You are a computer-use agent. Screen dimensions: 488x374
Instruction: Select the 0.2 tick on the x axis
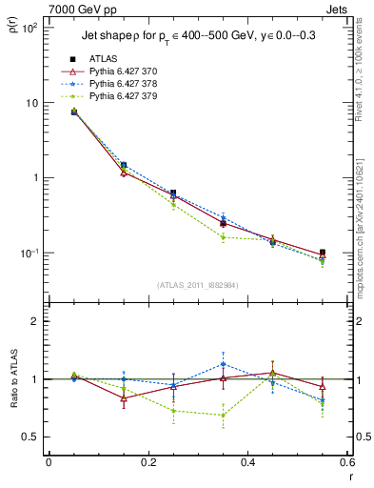148,464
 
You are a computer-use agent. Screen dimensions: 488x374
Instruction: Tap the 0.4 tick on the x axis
247,464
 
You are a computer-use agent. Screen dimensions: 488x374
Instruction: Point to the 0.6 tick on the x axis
346,464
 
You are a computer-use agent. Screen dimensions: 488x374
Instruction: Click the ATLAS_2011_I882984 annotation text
197,284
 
